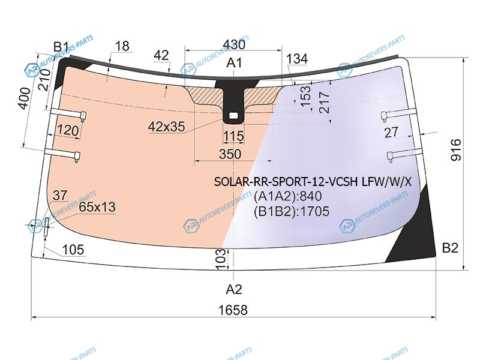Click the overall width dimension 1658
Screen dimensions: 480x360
coord(233,310)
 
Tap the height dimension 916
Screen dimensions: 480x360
coord(456,149)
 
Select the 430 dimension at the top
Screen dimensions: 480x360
coord(234,44)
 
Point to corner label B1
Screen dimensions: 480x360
coord(61,47)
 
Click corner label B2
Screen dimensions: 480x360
coord(450,248)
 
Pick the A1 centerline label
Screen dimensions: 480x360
coord(234,63)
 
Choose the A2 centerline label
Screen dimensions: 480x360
coord(234,289)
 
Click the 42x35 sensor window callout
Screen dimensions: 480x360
coord(167,126)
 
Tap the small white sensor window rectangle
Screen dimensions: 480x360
coord(233,116)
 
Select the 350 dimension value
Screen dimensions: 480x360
coord(230,154)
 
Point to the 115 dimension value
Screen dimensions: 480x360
coord(233,136)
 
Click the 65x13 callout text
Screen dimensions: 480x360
coord(97,207)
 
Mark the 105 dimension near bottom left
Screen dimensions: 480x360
coord(73,250)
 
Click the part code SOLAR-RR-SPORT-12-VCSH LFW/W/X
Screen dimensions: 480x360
coord(313,182)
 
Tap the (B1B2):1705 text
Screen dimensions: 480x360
coord(292,211)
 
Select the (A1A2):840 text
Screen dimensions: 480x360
coord(288,196)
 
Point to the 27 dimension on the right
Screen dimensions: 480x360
coord(391,132)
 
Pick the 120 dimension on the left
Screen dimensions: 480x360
coord(68,130)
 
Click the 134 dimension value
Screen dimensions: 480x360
coord(297,58)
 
